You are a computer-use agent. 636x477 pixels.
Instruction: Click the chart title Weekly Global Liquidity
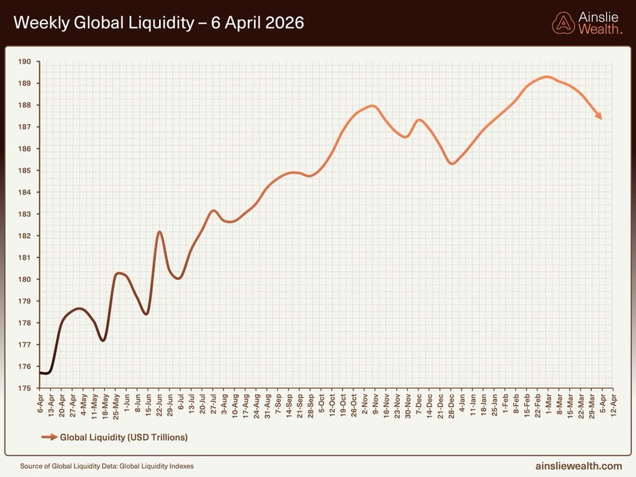point(158,24)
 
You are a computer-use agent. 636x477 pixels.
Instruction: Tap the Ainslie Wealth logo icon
point(563,24)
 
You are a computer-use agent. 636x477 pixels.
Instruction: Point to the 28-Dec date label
point(452,403)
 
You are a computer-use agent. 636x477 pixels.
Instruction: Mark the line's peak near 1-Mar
point(546,77)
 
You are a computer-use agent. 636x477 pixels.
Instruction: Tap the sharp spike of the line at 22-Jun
point(159,232)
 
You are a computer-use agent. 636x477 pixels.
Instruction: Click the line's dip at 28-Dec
point(452,163)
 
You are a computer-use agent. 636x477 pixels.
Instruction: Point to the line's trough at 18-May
point(102,340)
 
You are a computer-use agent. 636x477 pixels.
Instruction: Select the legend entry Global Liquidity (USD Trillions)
point(123,437)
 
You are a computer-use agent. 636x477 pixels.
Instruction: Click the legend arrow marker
point(49,437)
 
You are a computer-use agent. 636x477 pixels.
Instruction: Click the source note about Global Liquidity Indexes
point(107,466)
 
